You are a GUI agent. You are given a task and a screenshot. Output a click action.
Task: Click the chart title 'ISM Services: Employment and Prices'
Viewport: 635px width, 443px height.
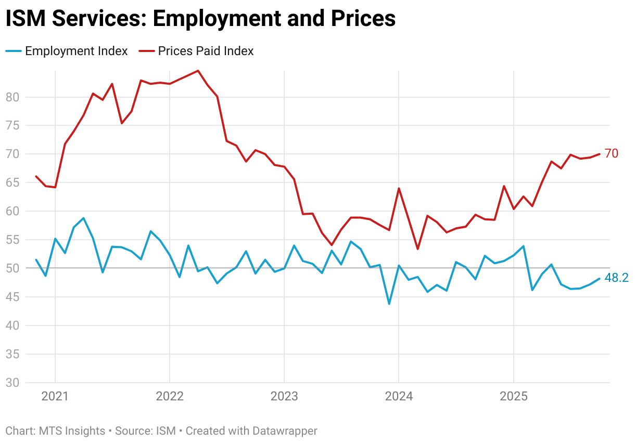pos(200,19)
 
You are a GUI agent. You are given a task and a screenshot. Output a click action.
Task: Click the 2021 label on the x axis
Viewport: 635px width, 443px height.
pos(55,396)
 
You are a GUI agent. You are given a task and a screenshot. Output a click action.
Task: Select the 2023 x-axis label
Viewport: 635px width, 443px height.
pos(284,396)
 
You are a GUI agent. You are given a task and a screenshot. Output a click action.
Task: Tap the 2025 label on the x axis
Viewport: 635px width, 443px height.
pos(514,396)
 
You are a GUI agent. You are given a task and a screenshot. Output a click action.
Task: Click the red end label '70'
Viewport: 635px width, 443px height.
pos(611,153)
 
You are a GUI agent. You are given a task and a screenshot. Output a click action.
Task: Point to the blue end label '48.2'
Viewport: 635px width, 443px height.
pos(616,278)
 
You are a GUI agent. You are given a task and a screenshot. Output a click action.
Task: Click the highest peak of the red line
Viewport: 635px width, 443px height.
pos(198,71)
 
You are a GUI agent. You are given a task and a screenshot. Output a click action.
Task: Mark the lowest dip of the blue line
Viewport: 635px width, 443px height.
pos(389,304)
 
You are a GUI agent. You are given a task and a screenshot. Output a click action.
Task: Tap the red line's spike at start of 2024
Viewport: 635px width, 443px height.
pos(399,188)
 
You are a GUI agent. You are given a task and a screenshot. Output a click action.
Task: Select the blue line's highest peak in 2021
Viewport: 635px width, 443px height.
pos(83,218)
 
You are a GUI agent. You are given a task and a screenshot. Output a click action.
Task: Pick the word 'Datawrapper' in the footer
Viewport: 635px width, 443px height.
pos(285,431)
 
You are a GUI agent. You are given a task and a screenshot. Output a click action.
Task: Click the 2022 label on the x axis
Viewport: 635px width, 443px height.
pos(170,396)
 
